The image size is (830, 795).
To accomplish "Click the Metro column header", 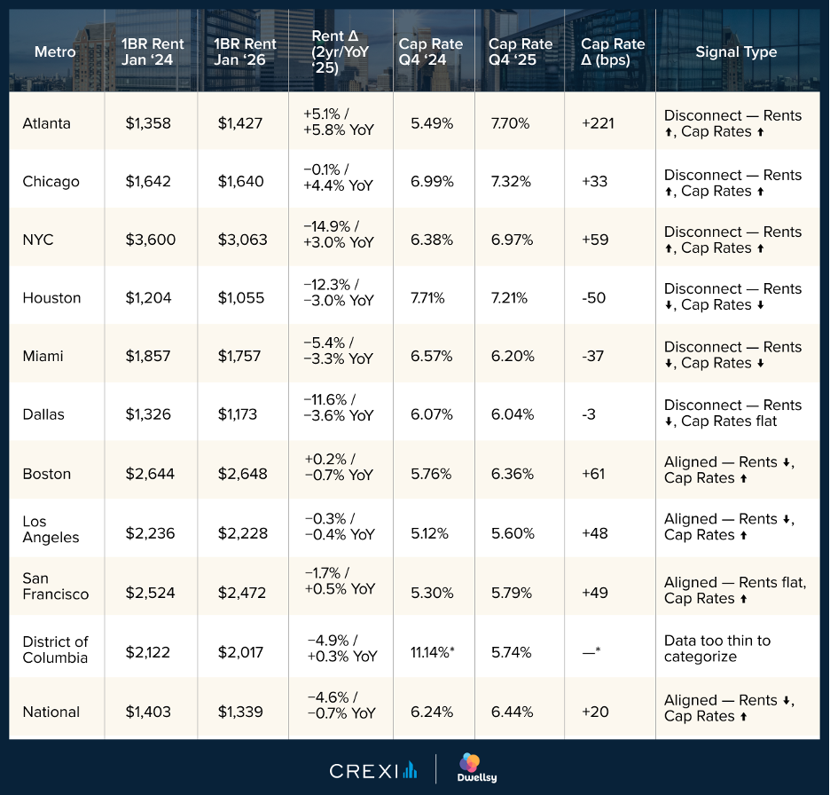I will coord(55,52).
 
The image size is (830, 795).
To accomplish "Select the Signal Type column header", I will coord(736,52).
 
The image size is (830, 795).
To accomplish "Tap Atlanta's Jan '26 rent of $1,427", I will coord(240,124).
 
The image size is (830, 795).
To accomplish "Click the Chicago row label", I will coord(51,182).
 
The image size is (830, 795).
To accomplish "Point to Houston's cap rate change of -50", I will coord(594,298).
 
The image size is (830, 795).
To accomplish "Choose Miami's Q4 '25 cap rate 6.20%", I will coord(513,357).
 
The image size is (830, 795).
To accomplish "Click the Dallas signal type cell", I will coord(732,413).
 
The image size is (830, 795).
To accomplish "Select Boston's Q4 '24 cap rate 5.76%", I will coord(432,474).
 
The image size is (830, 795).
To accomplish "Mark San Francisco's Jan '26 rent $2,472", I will coord(241,593).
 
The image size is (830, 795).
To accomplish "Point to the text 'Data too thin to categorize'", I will coord(717,649).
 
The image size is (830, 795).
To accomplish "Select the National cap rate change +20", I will coord(593,712).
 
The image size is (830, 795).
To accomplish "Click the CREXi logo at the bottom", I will coord(372,770).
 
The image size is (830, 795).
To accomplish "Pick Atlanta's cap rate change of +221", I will coord(599,124).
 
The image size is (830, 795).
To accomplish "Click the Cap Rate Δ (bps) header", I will coord(613,52).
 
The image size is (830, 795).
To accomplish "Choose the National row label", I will coord(51,712).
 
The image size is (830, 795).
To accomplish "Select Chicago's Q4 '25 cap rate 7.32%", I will coord(511,182).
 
